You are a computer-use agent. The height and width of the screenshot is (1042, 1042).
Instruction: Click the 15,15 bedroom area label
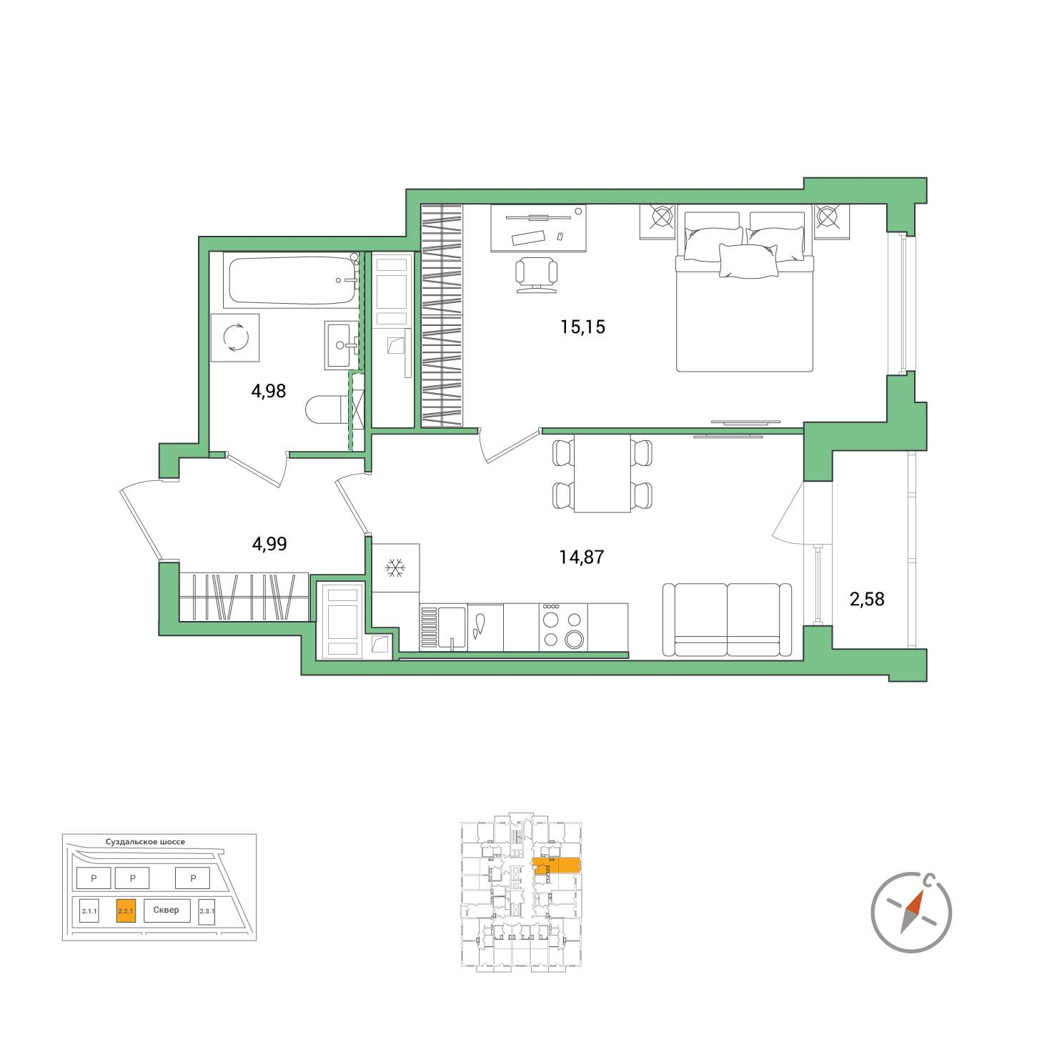(582, 327)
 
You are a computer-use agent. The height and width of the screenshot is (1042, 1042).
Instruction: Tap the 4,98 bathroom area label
(268, 391)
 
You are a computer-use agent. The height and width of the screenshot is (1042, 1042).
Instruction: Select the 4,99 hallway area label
(269, 544)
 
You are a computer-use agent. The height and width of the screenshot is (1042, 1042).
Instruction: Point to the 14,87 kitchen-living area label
(581, 557)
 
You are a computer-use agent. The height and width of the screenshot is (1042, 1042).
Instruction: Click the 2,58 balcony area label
(868, 599)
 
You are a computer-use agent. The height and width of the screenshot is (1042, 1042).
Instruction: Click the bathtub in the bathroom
(292, 280)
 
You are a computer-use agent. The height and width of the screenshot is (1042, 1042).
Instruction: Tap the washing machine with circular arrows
(235, 338)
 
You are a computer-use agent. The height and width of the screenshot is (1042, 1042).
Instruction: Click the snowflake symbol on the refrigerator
(395, 569)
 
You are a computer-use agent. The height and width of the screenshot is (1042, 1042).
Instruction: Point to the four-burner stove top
(563, 627)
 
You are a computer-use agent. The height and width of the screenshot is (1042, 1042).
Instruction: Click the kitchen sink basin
(452, 627)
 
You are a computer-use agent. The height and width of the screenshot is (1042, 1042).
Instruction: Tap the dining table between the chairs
(602, 475)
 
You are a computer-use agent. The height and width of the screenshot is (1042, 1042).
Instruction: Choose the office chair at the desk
(536, 274)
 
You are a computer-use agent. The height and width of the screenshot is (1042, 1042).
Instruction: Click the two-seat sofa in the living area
(728, 620)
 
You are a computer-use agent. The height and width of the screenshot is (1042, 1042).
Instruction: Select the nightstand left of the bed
(658, 221)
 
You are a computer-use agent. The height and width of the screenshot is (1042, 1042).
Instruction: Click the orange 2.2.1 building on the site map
(126, 911)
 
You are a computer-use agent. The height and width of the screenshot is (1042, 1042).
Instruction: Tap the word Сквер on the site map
(166, 910)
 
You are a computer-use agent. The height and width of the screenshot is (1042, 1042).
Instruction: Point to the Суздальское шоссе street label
(146, 842)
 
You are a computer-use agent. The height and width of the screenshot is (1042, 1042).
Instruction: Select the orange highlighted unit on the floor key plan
(557, 866)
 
